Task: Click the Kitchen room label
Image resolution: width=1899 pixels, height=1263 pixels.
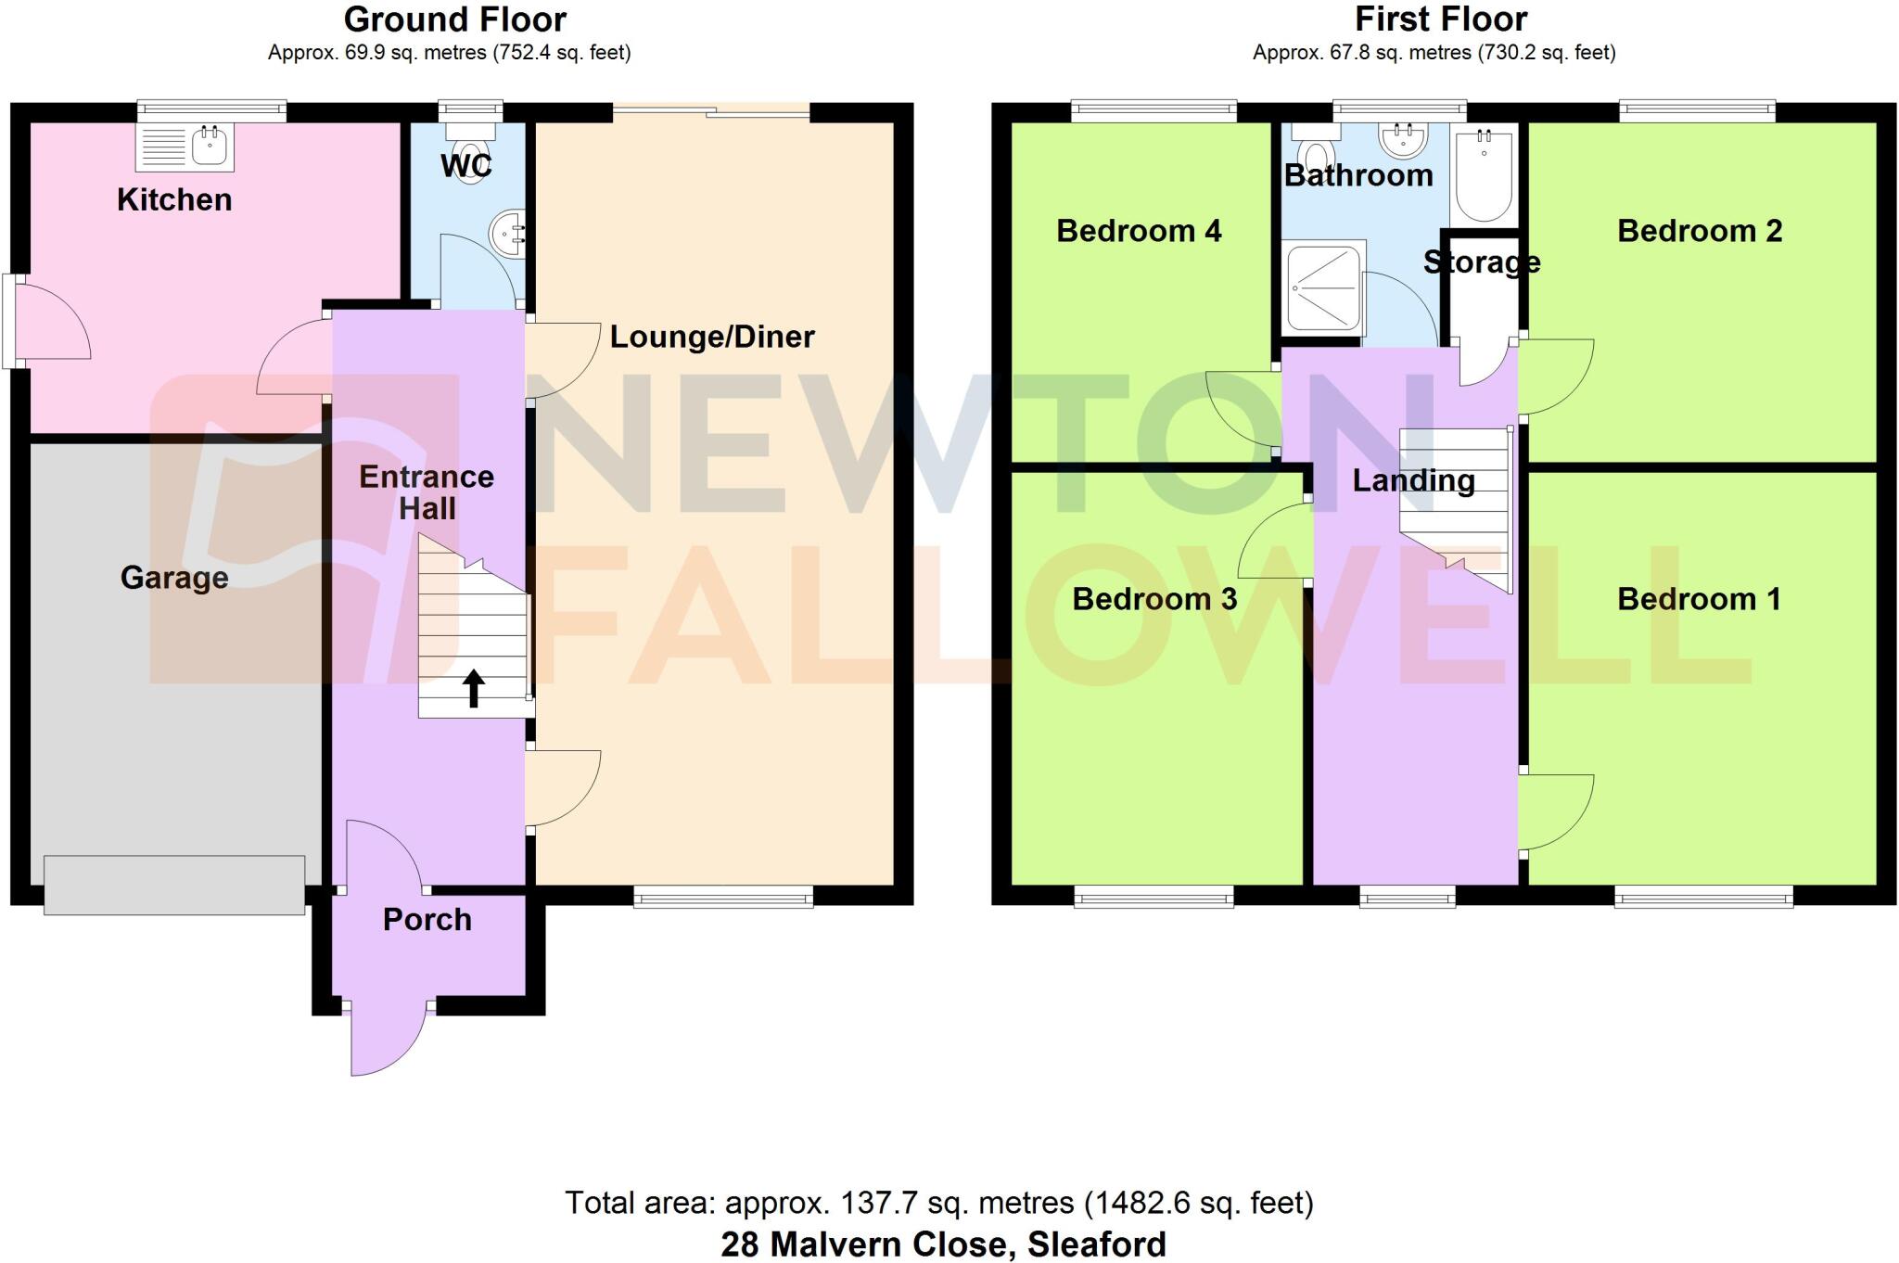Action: [x=174, y=199]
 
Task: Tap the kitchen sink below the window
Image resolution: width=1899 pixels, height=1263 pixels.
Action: [x=185, y=147]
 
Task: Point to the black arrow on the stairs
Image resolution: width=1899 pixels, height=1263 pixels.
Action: [x=474, y=689]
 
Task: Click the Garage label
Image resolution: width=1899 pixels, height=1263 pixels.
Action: [x=174, y=578]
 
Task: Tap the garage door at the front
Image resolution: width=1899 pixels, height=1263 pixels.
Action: [x=174, y=885]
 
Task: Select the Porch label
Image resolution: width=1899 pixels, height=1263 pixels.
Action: [x=427, y=919]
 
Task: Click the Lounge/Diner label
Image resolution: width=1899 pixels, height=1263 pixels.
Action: [x=712, y=337]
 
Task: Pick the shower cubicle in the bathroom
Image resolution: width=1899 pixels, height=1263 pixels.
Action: [x=1324, y=287]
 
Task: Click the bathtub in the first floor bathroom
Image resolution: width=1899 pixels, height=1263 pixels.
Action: [x=1484, y=174]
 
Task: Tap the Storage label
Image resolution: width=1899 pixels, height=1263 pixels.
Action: [x=1482, y=262]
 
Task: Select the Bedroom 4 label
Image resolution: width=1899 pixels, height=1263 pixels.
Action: [x=1139, y=231]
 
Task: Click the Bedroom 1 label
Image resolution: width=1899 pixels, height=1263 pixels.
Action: [x=1700, y=599]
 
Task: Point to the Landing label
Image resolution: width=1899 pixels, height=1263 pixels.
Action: [x=1414, y=480]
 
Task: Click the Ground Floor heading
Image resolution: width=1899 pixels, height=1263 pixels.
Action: [x=455, y=19]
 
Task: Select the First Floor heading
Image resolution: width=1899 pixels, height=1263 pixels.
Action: [x=1441, y=19]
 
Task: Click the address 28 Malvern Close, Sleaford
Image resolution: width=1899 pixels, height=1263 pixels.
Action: [x=943, y=1244]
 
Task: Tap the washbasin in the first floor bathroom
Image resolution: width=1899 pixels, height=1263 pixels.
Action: [x=1402, y=139]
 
